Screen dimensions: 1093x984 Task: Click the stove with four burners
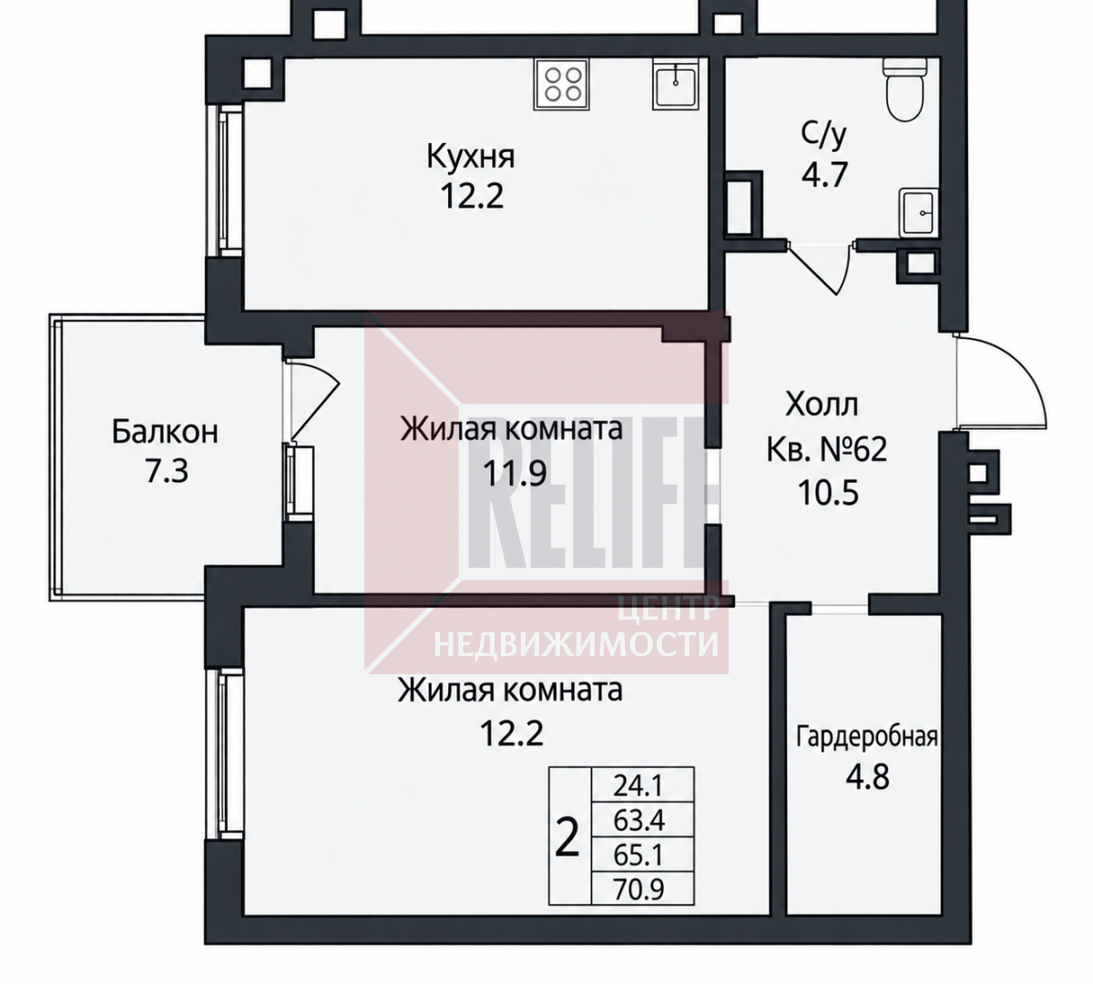(x=562, y=85)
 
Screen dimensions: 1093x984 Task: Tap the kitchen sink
(x=676, y=85)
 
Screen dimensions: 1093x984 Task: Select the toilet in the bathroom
(x=905, y=87)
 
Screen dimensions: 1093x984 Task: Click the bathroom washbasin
(x=919, y=213)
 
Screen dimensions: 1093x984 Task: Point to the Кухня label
(x=470, y=157)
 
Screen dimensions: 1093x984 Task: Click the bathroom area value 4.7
(x=824, y=175)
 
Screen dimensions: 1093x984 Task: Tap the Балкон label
(x=165, y=432)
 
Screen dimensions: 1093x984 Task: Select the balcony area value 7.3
(x=166, y=471)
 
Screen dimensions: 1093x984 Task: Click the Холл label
(x=822, y=405)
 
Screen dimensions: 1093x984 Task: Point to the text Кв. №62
(x=826, y=450)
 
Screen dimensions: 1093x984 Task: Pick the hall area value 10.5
(x=828, y=493)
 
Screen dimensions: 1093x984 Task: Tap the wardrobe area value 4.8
(x=867, y=777)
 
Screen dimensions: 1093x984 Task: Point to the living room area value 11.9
(x=515, y=474)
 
